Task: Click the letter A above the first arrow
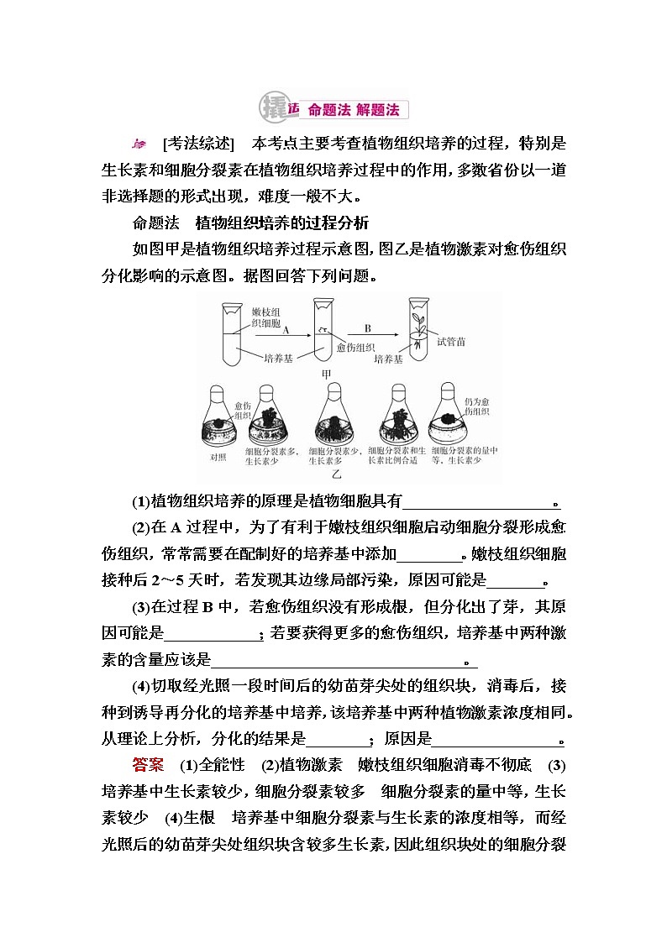286,330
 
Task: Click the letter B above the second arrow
367,329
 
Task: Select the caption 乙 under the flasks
336,474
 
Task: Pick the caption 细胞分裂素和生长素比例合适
398,456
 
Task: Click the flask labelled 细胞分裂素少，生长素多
334,420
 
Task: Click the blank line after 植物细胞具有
481,503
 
